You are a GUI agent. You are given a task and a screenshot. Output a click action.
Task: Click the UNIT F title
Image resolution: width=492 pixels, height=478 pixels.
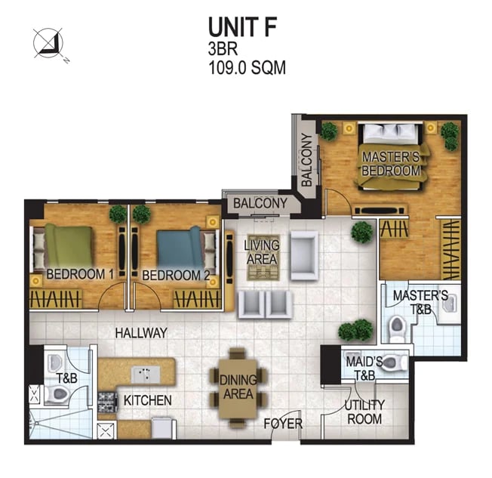tap(242, 27)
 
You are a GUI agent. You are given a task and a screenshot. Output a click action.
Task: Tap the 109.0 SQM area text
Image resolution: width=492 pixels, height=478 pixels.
tap(248, 67)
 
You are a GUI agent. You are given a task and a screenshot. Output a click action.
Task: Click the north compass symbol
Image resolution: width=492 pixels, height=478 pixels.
tap(48, 43)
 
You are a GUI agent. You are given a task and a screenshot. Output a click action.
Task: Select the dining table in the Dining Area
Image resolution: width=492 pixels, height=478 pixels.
tap(238, 389)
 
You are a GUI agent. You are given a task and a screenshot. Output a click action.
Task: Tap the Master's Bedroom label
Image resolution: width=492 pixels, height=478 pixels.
tap(391, 164)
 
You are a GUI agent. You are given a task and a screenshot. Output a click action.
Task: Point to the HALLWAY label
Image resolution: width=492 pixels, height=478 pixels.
tap(141, 333)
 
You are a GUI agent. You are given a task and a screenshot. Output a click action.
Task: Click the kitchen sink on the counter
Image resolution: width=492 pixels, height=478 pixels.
tap(145, 375)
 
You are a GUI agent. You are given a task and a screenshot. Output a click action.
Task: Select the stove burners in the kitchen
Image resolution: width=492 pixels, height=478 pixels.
tap(107, 402)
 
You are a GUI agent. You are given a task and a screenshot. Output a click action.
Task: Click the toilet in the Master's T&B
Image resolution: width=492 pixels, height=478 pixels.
tap(397, 328)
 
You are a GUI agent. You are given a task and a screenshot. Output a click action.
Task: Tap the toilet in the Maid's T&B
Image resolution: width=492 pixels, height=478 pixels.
tap(395, 362)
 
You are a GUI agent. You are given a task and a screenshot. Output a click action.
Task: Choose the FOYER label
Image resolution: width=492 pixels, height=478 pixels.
tap(283, 424)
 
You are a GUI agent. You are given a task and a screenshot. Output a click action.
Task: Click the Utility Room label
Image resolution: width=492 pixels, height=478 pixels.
tap(364, 412)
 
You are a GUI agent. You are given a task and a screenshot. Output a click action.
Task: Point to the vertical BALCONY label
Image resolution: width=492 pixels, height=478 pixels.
tap(306, 160)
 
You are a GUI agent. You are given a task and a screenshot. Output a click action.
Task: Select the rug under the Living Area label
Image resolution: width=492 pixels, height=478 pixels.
tap(263, 258)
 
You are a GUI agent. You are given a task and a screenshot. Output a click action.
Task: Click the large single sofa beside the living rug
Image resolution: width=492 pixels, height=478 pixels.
tap(304, 255)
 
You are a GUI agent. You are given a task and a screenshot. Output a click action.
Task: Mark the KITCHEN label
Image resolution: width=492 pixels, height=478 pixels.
tap(147, 400)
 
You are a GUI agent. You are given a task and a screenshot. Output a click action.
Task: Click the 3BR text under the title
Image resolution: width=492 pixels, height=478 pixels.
tap(223, 48)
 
